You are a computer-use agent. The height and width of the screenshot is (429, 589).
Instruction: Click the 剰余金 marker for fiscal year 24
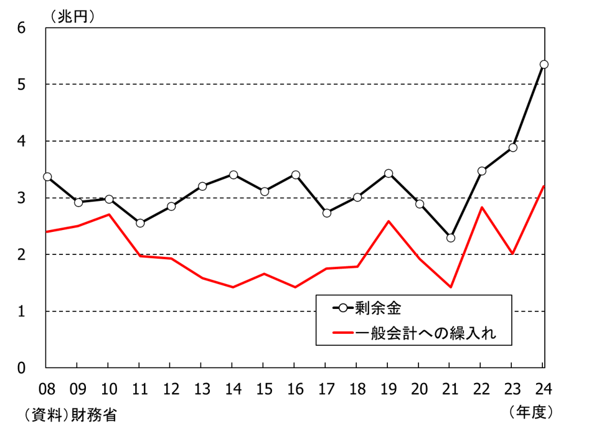[544, 64]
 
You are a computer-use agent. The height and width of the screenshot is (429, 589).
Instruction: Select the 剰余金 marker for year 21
[451, 238]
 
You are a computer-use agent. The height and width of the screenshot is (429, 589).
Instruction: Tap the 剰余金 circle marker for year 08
[47, 177]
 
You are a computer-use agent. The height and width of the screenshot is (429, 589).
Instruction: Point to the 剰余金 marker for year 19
[389, 173]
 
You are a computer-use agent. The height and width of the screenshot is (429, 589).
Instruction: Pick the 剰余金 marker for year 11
[140, 223]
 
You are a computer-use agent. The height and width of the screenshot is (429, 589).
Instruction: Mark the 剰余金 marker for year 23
[512, 147]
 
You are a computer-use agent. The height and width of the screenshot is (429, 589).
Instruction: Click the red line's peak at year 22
[481, 207]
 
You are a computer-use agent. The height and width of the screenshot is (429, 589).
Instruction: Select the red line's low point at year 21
[451, 287]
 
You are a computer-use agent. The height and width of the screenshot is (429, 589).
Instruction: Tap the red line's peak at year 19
[389, 221]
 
